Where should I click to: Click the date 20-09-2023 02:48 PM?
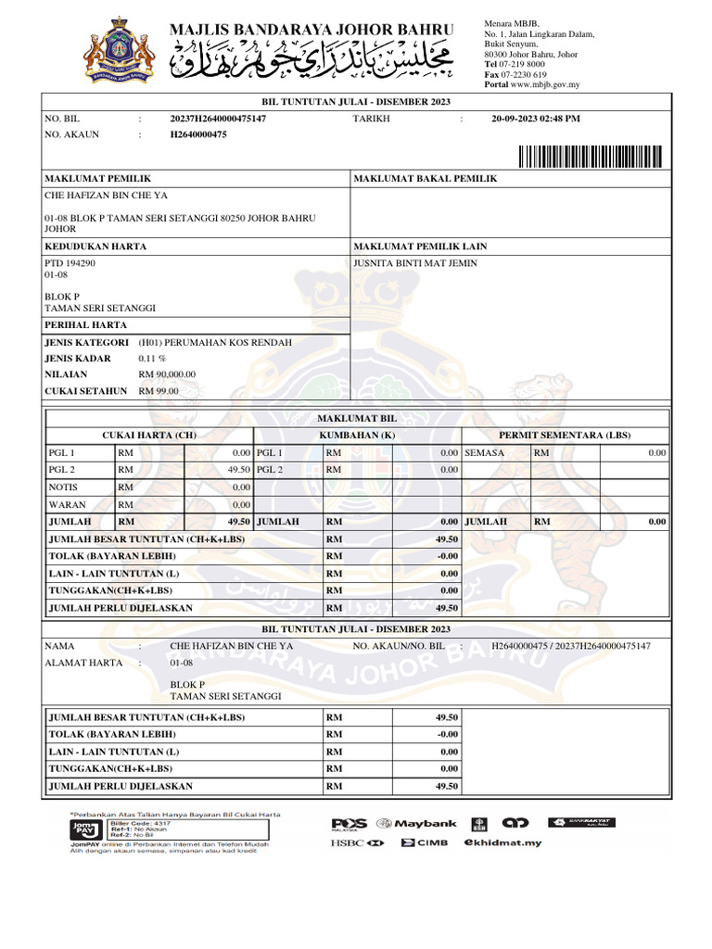[536, 119]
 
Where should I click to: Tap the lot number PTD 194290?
[70, 263]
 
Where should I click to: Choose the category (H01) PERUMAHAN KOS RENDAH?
[214, 342]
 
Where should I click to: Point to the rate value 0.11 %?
[152, 359]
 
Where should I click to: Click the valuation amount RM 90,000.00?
[167, 374]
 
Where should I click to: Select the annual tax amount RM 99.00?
[159, 391]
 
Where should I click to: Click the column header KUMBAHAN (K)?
[357, 435]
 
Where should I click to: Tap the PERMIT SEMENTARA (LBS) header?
[565, 435]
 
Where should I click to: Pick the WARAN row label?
[67, 504]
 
